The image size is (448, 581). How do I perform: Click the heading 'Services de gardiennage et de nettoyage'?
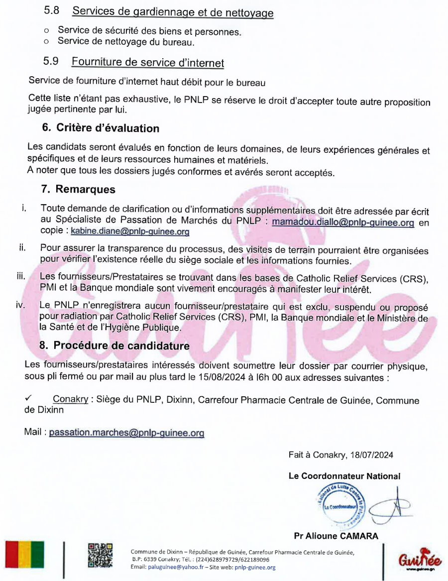click(x=172, y=12)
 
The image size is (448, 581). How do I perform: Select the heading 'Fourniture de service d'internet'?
click(x=147, y=63)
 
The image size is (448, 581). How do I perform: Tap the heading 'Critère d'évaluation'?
click(x=108, y=128)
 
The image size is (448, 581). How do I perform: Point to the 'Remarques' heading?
click(x=85, y=189)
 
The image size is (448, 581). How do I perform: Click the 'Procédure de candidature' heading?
click(x=121, y=346)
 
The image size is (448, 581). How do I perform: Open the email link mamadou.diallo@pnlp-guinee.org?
click(x=343, y=223)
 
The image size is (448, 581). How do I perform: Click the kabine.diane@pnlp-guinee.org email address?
click(x=130, y=232)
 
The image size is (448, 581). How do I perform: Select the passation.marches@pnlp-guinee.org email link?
click(x=127, y=433)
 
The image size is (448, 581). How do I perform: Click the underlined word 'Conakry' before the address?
click(x=71, y=400)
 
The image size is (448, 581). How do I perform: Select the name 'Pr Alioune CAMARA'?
click(x=336, y=536)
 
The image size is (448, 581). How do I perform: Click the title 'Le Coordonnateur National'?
click(x=344, y=476)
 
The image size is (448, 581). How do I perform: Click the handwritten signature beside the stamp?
click(x=391, y=507)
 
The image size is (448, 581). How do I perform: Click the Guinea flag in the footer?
click(x=24, y=555)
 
